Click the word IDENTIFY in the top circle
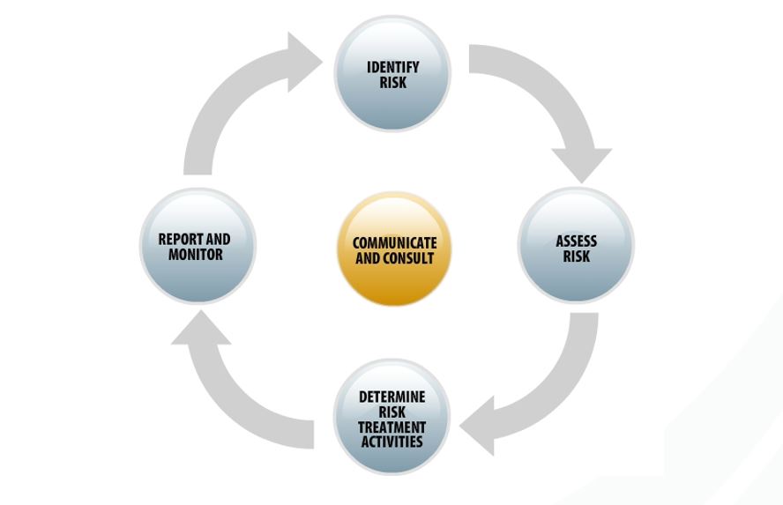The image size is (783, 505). point(392,68)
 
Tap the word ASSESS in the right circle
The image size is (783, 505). point(576,241)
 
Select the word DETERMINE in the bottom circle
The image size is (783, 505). point(391,397)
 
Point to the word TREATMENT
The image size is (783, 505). point(391,427)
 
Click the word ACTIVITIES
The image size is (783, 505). point(391,441)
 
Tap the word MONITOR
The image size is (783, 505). point(195,254)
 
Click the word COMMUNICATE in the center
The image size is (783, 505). point(394,243)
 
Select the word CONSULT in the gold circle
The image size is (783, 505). point(411,258)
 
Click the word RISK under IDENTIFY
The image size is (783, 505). point(392,82)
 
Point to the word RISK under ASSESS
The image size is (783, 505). point(576,256)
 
